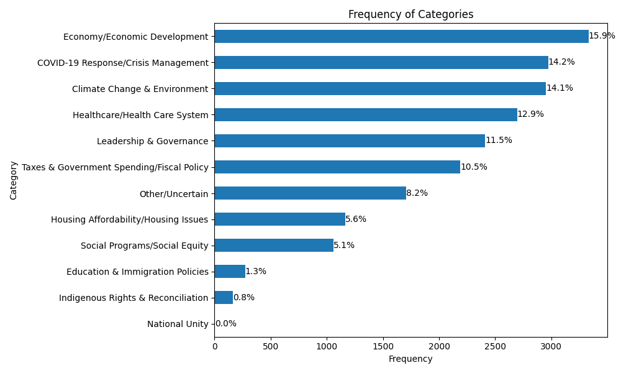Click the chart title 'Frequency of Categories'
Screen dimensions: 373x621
410,14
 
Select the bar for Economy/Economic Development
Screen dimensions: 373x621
401,37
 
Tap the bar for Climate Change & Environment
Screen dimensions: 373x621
380,89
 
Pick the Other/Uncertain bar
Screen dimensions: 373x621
310,193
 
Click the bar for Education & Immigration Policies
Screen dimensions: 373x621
230,272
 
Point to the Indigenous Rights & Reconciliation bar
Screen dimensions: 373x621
224,298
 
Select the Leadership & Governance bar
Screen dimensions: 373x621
350,141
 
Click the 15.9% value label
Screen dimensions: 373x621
602,36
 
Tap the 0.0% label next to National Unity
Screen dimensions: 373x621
225,324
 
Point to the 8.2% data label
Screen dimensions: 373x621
417,193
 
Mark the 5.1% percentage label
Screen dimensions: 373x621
344,246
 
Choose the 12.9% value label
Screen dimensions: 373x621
530,114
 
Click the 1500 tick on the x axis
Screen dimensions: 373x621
383,346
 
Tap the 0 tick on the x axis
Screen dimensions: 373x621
215,346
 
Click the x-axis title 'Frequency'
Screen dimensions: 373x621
410,359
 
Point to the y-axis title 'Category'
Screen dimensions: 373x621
14,180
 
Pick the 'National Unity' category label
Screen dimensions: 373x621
178,324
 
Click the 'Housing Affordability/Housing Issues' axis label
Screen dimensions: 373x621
129,219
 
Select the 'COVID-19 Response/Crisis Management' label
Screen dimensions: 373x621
123,63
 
